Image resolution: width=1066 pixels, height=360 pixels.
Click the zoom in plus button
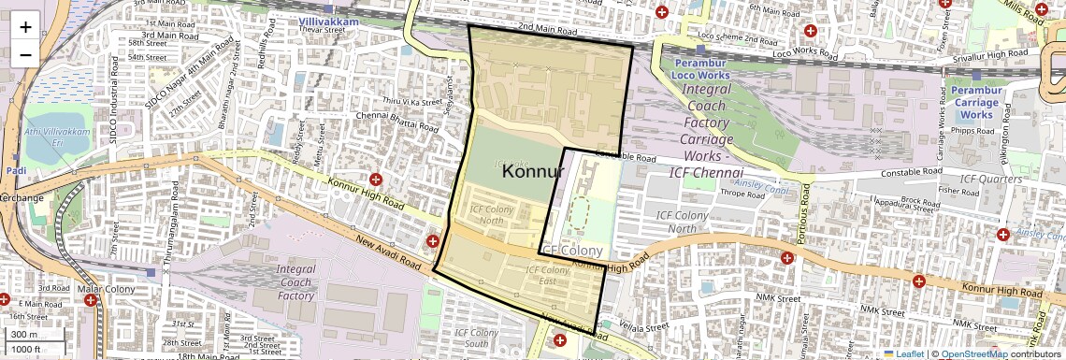(x=25, y=27)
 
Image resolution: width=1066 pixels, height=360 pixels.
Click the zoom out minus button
(x=25, y=54)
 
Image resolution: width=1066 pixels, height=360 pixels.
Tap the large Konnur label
(x=532, y=172)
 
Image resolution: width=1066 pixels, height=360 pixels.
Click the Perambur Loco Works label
(x=701, y=67)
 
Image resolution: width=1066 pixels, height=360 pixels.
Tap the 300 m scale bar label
(x=25, y=334)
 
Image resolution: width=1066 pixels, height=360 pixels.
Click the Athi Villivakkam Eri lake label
(x=58, y=149)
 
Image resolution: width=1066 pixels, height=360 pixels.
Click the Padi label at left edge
(x=16, y=172)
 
